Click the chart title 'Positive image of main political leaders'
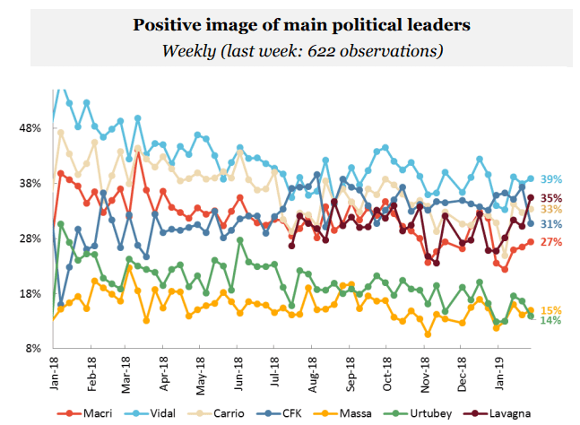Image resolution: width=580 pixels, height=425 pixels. [x=289, y=24]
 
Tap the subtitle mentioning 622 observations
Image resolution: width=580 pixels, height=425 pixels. [x=289, y=50]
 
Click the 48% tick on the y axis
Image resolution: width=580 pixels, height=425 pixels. [x=30, y=128]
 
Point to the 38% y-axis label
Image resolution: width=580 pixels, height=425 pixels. [x=30, y=184]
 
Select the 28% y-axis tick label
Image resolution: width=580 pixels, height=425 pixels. [x=30, y=239]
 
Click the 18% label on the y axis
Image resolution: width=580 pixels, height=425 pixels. [x=30, y=294]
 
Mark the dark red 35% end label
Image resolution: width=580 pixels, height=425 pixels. [x=550, y=198]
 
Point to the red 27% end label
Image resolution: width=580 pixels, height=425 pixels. [x=550, y=242]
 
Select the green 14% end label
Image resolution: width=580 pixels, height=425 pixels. [x=550, y=320]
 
